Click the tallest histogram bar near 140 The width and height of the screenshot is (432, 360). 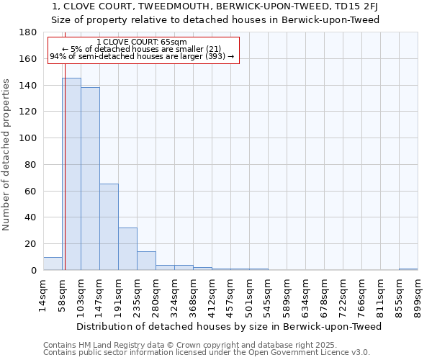pos(71,174)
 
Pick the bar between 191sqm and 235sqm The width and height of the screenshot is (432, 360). pos(127,248)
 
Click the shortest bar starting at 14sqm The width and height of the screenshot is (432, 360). pos(53,264)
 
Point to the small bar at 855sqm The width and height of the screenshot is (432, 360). pos(408,269)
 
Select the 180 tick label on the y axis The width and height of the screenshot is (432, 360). pos(29,32)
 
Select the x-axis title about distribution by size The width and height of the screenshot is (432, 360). pos(228,326)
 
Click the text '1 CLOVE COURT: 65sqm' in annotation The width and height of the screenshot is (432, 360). pos(141,42)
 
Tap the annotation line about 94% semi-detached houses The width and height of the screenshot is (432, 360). pos(141,56)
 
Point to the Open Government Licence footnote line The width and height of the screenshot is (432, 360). pos(207,352)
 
